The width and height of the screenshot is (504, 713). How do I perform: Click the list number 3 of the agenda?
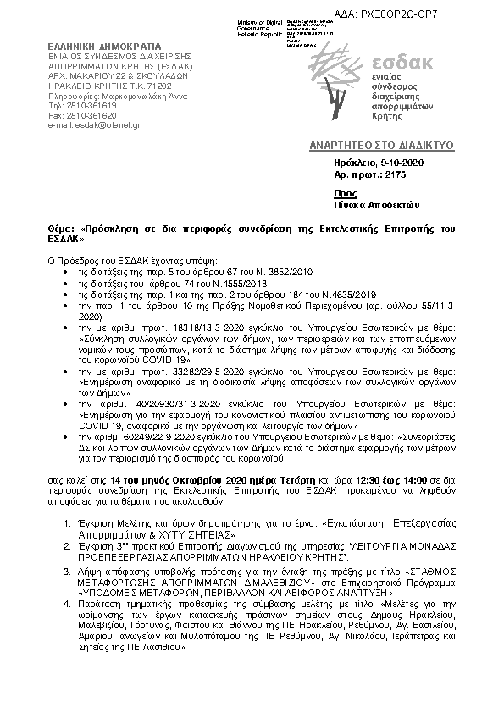point(66,573)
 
